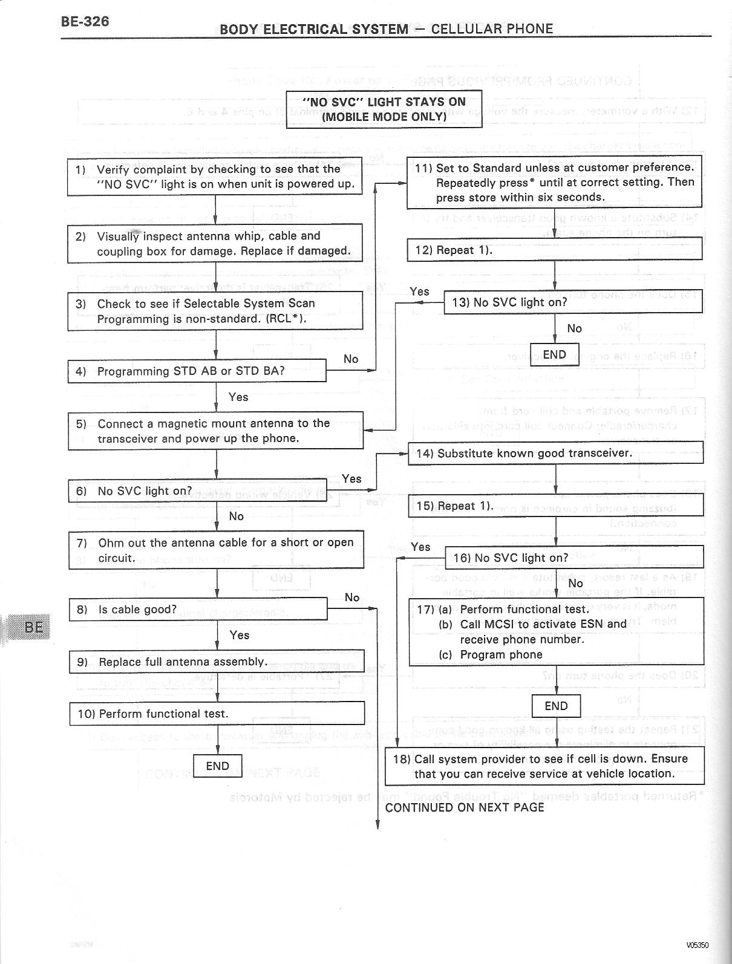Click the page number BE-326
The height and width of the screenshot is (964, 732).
(85, 22)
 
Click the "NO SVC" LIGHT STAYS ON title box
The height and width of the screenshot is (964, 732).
(384, 109)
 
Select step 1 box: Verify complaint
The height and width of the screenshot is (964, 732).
(215, 177)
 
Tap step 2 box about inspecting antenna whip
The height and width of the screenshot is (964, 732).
(215, 243)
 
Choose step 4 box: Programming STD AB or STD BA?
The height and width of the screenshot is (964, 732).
(197, 371)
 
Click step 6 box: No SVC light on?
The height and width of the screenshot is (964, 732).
(197, 490)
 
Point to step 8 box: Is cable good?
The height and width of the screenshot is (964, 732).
(198, 609)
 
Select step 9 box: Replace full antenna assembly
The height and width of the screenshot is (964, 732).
(217, 662)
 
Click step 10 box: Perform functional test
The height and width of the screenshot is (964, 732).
(217, 714)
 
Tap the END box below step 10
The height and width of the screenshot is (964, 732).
(217, 766)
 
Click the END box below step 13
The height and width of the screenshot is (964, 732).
(555, 355)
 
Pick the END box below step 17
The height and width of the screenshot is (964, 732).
(556, 706)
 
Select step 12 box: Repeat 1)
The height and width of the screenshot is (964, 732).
(555, 249)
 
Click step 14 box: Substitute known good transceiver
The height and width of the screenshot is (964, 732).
(555, 453)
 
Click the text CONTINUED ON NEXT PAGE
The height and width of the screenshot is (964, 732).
(465, 807)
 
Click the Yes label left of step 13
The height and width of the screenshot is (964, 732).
(419, 291)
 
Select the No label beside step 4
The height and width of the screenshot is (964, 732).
(351, 359)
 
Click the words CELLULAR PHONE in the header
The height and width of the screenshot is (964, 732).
(492, 28)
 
